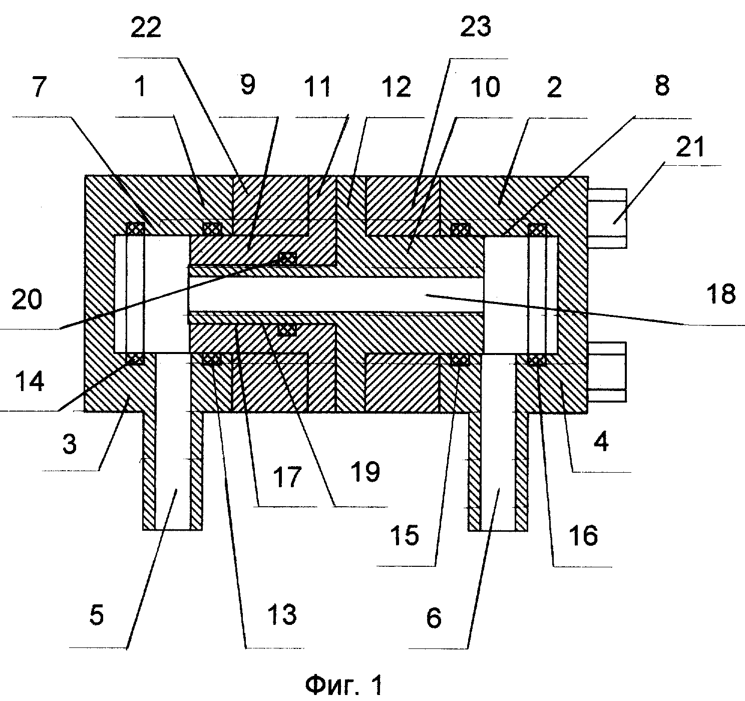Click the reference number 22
pyautogui.click(x=146, y=27)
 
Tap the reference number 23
pyautogui.click(x=475, y=27)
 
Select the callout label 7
pyautogui.click(x=40, y=86)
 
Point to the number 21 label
pyautogui.click(x=690, y=147)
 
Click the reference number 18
pyautogui.click(x=721, y=293)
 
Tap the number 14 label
pyautogui.click(x=30, y=381)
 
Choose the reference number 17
pyautogui.click(x=287, y=477)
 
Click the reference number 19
pyautogui.click(x=366, y=472)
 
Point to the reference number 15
pyautogui.click(x=405, y=535)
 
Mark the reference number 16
pyautogui.click(x=583, y=535)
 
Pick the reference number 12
pyautogui.click(x=397, y=87)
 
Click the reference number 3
pyautogui.click(x=70, y=444)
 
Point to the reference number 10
pyautogui.click(x=486, y=87)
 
